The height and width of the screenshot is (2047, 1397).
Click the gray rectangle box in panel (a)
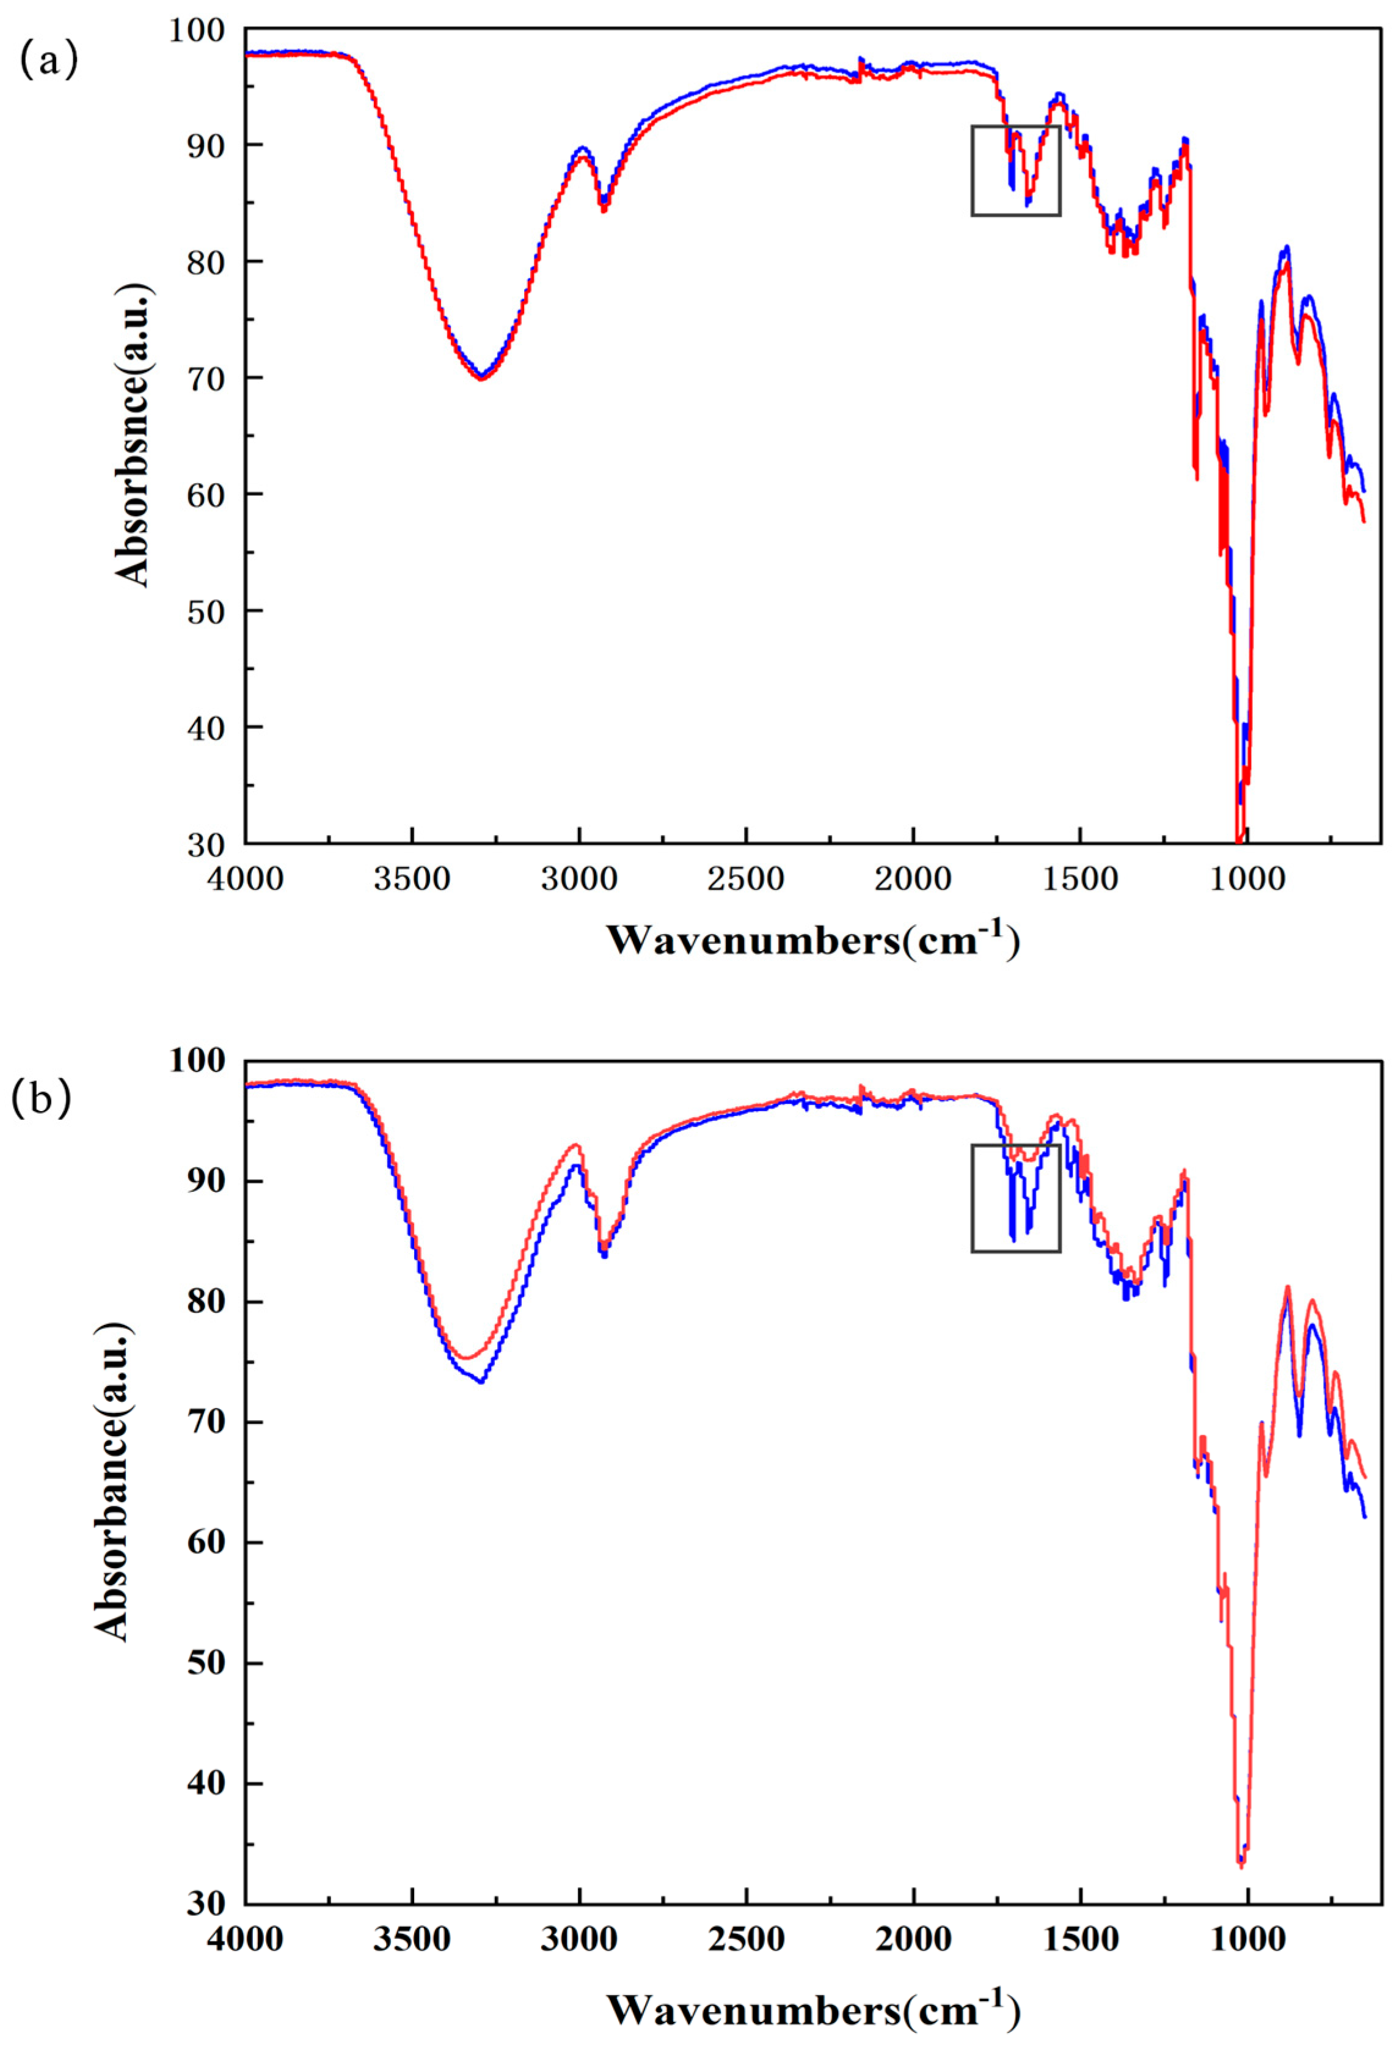1016,170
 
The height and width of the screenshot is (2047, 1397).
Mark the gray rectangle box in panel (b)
1016,1198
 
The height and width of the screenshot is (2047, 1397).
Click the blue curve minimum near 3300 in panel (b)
481,1381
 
